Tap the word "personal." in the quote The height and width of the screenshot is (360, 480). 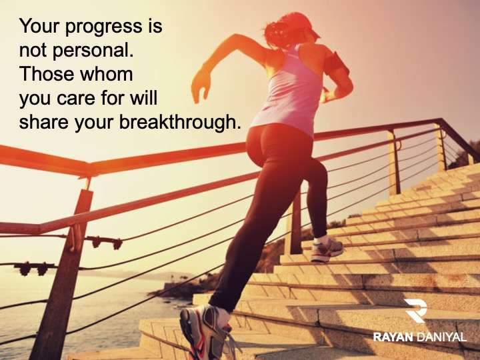click(x=93, y=51)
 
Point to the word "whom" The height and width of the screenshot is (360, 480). click(x=106, y=74)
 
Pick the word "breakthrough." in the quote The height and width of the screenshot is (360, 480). click(x=179, y=122)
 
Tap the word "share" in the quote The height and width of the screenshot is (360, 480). click(x=44, y=122)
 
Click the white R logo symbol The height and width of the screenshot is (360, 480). click(x=416, y=311)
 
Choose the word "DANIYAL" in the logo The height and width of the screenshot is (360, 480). click(x=441, y=337)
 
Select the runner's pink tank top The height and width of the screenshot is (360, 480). click(x=288, y=92)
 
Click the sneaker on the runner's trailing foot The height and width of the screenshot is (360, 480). click(x=205, y=332)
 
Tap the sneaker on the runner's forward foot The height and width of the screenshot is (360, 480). click(x=326, y=249)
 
